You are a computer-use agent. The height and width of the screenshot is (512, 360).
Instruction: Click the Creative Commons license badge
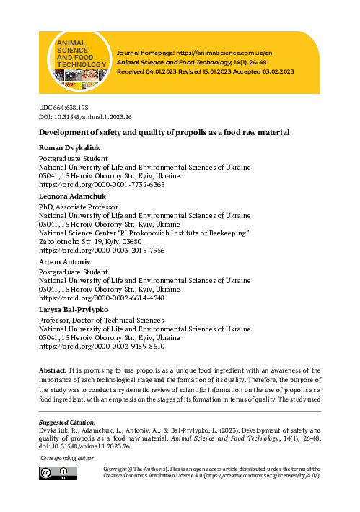coord(57,472)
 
